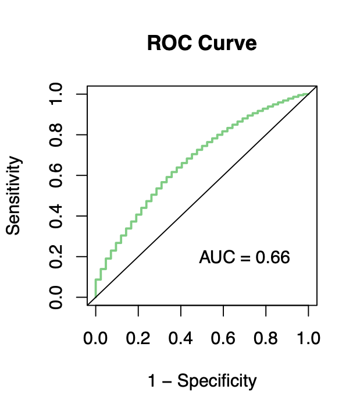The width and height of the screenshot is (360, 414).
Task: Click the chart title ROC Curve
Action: pos(202,43)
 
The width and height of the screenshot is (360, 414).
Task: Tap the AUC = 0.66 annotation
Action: pos(244,257)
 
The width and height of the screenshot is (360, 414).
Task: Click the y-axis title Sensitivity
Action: pos(13,196)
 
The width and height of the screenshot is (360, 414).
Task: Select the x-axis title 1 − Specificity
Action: pos(202,381)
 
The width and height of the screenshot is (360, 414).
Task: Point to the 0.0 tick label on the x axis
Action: pos(95,339)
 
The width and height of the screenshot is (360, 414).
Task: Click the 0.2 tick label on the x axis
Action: pos(138,339)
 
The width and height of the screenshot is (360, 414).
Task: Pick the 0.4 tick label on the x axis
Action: pos(180,339)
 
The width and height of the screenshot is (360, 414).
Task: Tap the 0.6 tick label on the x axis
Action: pos(223,339)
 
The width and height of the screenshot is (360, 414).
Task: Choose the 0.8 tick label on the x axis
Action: pos(266,339)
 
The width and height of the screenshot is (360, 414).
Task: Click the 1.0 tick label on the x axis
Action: pos(308,339)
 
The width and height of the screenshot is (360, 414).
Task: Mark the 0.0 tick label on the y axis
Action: pos(56,298)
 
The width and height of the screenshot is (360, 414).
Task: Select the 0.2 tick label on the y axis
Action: pos(56,257)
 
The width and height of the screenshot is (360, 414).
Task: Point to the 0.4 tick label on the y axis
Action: pos(56,216)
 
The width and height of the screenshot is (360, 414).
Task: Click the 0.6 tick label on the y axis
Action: pos(56,175)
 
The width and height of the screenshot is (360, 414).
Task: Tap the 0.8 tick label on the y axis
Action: pos(56,135)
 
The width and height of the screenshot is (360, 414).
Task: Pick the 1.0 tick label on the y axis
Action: pos(56,94)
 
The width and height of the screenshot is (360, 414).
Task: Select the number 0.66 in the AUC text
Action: pos(273,257)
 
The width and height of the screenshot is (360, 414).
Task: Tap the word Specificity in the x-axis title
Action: pos(216,381)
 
